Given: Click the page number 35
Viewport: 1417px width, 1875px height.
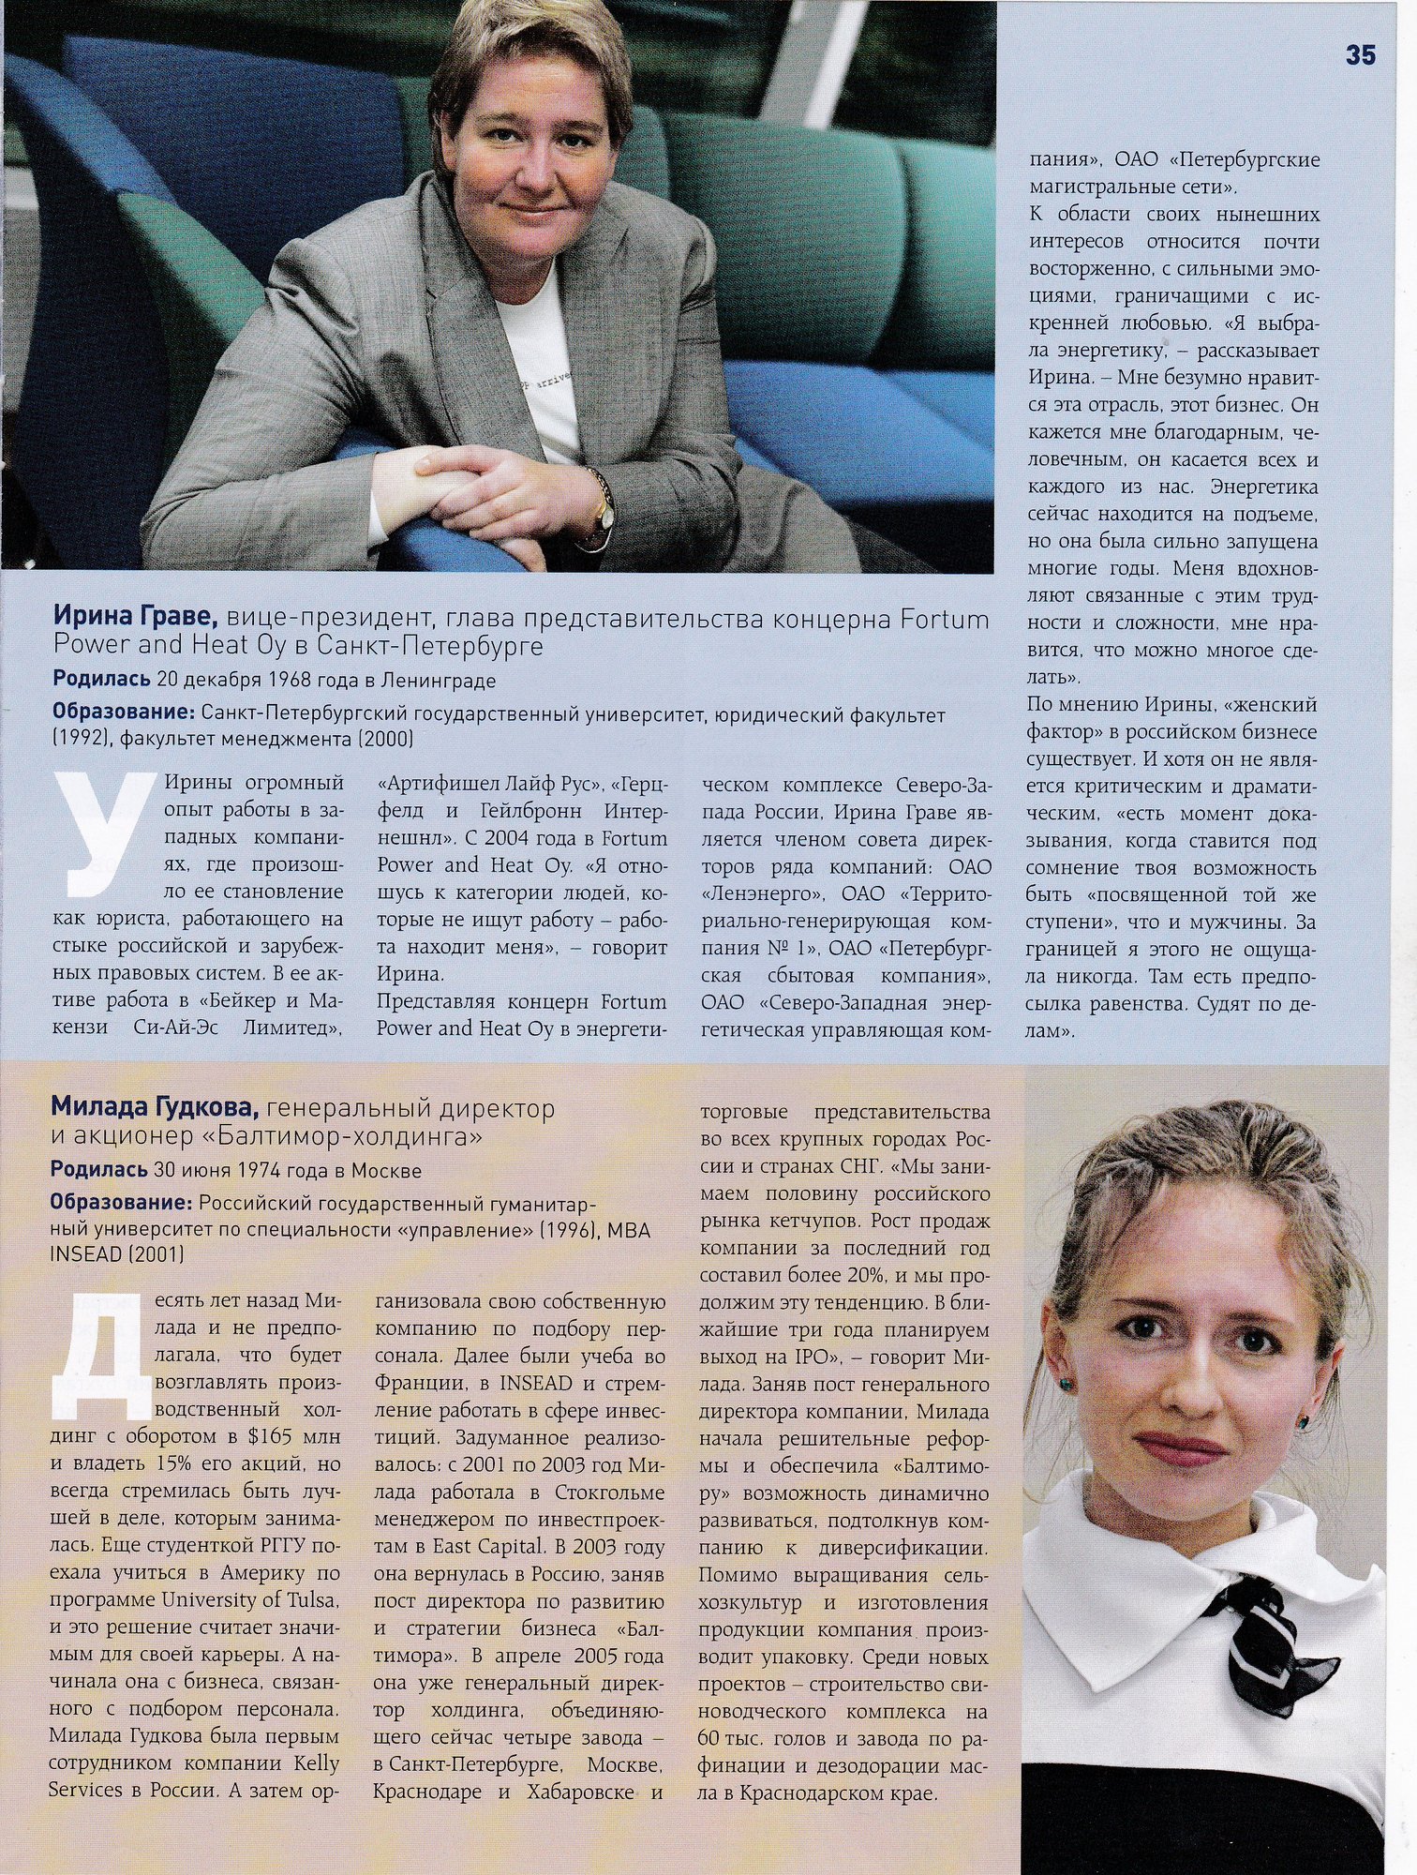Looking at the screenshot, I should coord(1360,56).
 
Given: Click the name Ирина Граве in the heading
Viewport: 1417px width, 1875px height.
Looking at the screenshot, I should coord(136,618).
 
